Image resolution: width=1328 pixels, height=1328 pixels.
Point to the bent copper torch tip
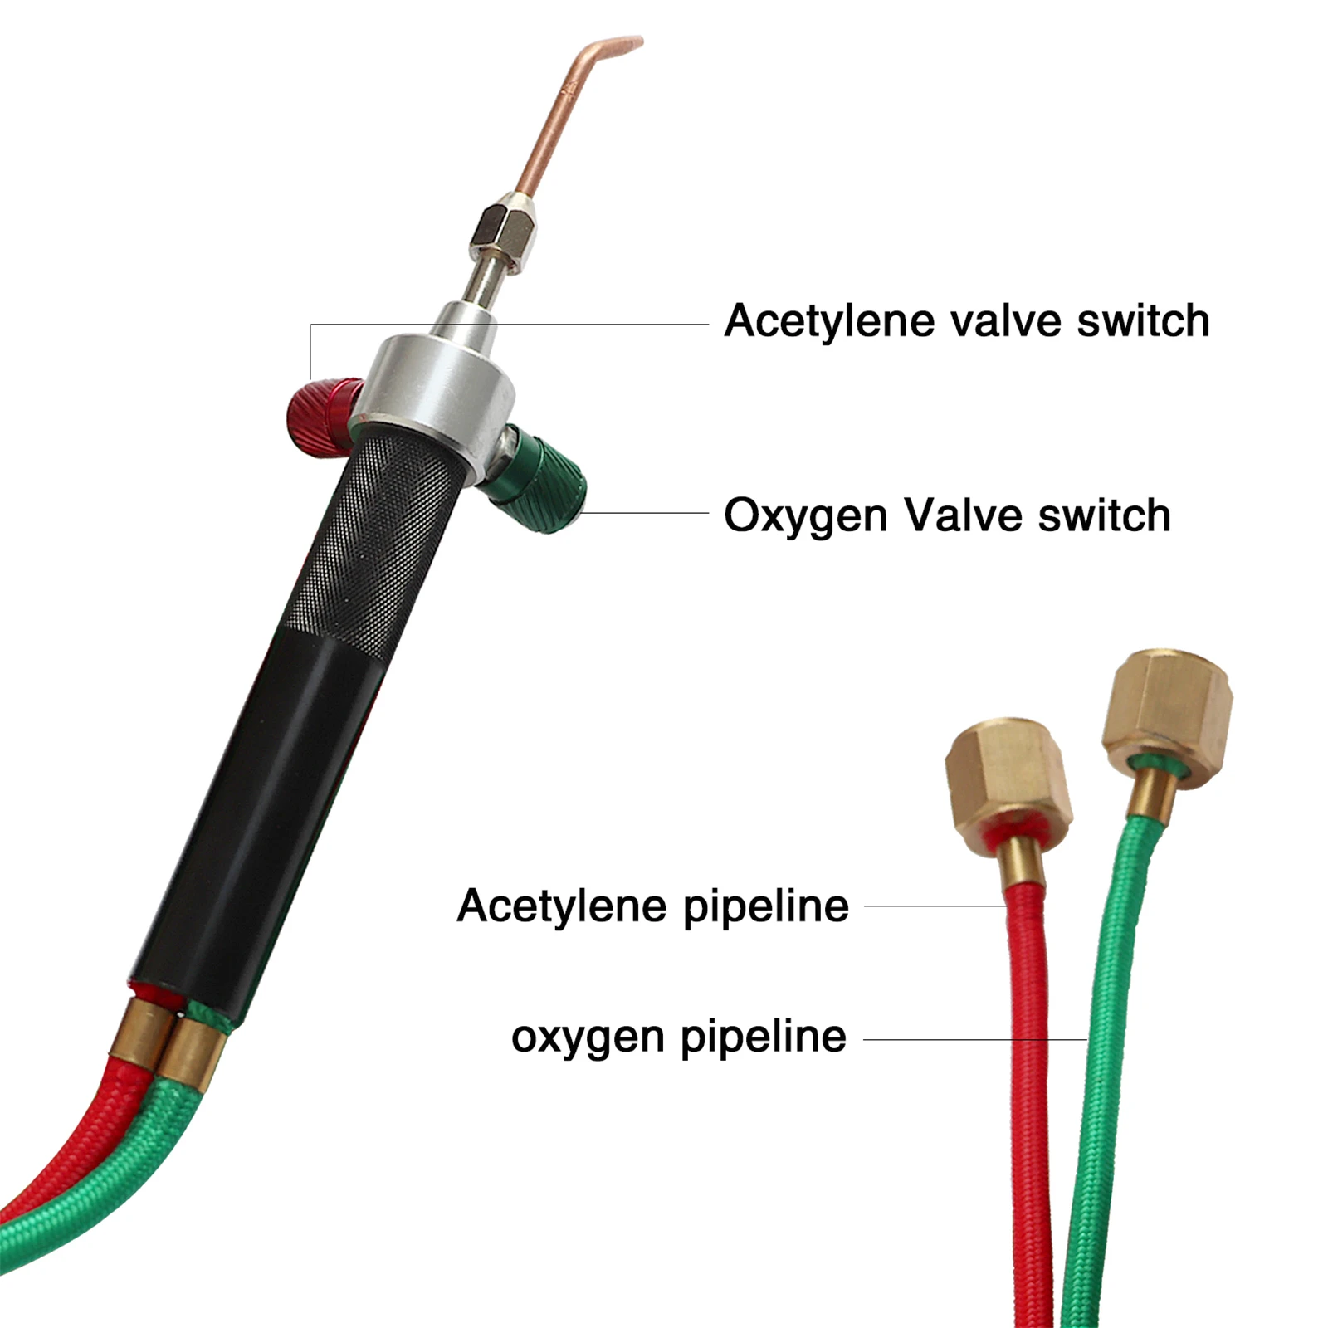(573, 91)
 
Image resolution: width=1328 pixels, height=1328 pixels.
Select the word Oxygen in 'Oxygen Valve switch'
(805, 516)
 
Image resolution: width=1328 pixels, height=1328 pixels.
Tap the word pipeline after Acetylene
(765, 906)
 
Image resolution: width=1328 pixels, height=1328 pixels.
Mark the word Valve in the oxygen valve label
(963, 516)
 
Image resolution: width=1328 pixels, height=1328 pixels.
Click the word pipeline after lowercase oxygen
(763, 1037)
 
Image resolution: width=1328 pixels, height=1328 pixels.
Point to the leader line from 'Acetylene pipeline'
(934, 906)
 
